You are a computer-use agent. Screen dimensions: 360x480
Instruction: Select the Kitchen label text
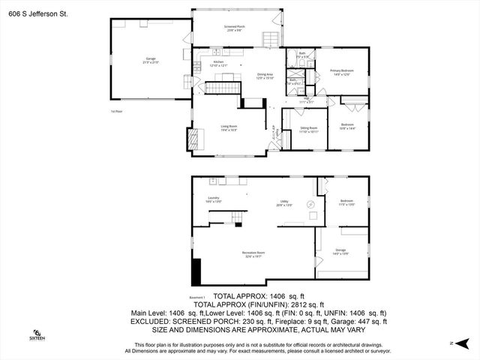pos(218,64)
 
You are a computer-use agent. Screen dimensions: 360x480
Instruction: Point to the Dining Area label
pos(265,76)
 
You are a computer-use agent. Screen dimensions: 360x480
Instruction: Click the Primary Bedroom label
pos(342,72)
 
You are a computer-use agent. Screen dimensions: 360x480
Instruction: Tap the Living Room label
pos(229,128)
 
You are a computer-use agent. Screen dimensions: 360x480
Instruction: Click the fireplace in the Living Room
pos(195,138)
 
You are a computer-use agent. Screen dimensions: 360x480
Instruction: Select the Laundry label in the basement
pos(213,199)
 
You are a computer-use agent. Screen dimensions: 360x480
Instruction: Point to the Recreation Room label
pos(253,254)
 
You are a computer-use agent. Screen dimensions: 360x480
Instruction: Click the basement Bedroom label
pos(346,202)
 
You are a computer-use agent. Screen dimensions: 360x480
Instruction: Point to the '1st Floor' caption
pos(115,111)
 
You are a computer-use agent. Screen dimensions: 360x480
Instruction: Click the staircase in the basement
pos(237,217)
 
